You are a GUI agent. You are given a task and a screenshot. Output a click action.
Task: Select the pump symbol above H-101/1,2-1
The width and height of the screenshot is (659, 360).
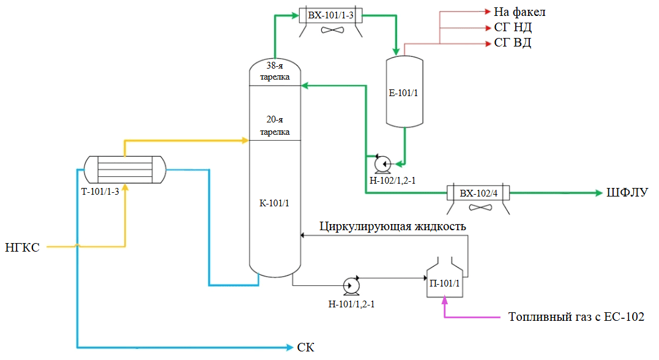pos(351,285)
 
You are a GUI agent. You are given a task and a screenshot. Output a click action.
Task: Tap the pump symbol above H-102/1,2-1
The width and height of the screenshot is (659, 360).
pos(383,163)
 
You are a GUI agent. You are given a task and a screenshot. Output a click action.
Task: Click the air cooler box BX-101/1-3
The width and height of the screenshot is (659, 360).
pos(331,15)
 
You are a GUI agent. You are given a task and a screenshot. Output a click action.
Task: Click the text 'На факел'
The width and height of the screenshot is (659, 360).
pos(519,12)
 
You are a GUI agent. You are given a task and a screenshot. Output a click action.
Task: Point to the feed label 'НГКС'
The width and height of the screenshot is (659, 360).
pos(23,247)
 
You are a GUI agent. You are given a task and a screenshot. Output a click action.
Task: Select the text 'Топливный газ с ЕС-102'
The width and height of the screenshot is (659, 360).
pos(576,317)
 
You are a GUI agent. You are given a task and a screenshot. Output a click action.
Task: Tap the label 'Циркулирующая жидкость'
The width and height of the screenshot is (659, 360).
pos(392,227)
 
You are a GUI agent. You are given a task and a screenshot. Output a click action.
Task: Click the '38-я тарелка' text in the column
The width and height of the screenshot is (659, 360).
pos(275,70)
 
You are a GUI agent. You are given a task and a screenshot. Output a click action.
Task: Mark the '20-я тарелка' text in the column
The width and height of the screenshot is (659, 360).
pos(275,126)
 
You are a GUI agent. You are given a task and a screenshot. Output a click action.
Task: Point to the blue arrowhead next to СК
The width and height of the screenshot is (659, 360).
pos(290,348)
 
